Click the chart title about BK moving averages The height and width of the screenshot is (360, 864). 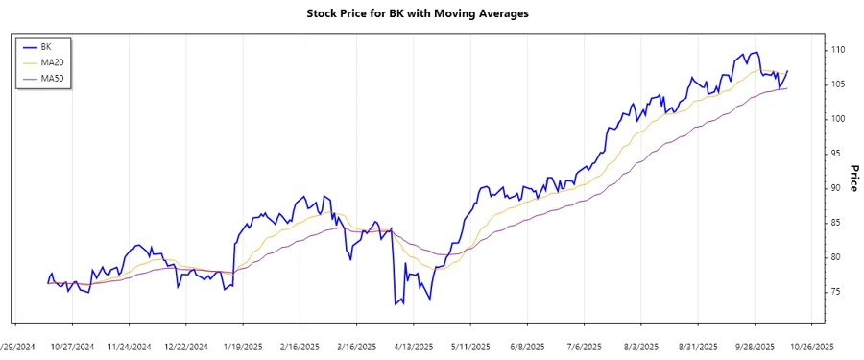[431, 13]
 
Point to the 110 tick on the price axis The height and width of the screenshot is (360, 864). [837, 49]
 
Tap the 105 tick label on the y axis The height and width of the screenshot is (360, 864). [837, 84]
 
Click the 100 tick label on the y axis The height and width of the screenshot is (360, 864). [837, 118]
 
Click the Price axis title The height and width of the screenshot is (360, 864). [853, 178]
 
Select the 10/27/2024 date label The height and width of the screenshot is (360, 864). [73, 346]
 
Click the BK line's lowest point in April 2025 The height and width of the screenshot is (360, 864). [395, 304]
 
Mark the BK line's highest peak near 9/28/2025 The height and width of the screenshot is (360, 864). [757, 53]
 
